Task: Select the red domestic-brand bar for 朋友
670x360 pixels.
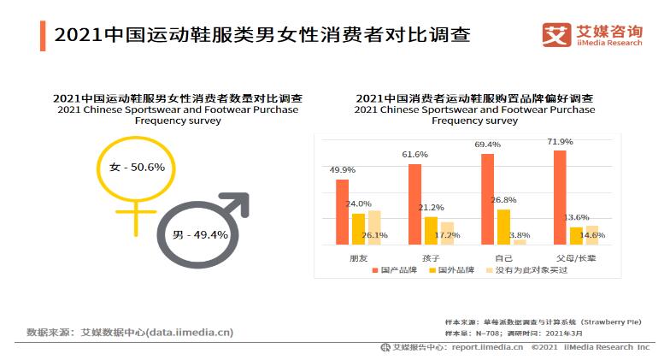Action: point(342,212)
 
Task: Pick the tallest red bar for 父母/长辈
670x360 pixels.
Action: point(560,198)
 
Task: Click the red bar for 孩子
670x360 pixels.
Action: point(414,204)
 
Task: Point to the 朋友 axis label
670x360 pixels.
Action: point(358,257)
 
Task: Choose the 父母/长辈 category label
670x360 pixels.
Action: point(577,257)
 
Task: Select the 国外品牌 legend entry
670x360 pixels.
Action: point(456,270)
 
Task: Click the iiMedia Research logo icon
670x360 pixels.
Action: point(556,35)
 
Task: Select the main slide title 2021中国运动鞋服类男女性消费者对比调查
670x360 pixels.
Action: point(262,36)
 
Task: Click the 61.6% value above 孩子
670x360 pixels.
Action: point(414,154)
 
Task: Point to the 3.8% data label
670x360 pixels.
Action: point(520,235)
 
